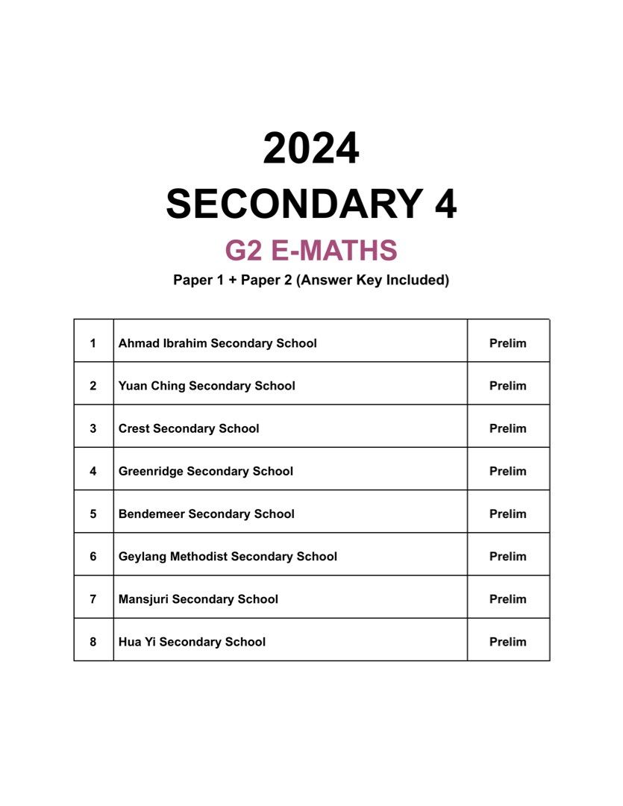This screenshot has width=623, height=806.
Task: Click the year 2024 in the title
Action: point(311,149)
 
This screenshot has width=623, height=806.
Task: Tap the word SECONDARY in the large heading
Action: point(284,204)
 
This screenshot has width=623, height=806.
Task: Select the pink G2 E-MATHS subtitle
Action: point(311,251)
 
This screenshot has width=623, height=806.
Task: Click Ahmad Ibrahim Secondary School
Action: point(217,343)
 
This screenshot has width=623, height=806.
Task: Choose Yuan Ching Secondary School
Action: point(207,386)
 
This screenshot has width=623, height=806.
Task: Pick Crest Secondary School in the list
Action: point(189,428)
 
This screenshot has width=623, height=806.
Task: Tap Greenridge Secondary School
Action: point(205,471)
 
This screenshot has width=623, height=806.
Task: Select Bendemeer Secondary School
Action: point(206,513)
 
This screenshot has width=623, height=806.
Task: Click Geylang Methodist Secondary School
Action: point(228,556)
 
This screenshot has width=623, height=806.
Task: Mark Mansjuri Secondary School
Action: point(198,599)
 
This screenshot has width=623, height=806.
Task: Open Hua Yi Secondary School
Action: point(192,642)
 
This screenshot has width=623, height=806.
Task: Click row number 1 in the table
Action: point(93,343)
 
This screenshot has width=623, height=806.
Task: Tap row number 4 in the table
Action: point(93,471)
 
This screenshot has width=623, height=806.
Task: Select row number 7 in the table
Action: point(93,599)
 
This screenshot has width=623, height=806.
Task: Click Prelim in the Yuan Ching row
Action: point(507,386)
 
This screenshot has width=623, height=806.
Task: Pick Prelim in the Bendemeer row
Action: point(507,513)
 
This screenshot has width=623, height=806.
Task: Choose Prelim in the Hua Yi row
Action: point(507,642)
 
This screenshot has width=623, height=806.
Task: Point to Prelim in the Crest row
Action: point(507,428)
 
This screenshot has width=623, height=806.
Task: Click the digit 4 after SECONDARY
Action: point(445,204)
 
